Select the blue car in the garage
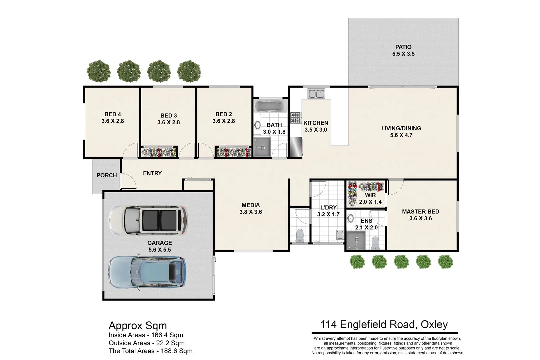coord(147,272)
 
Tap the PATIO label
coord(403,47)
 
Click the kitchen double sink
coord(316,94)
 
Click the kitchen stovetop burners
coord(295,118)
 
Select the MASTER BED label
coord(420,212)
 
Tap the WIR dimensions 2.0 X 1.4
coord(370,202)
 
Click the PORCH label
coord(107,175)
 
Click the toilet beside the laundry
coord(300,235)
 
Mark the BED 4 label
coord(113,114)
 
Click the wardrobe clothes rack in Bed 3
coord(159,153)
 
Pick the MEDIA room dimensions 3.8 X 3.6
coord(251,212)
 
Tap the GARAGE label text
coord(160,243)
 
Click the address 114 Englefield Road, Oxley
coord(384,324)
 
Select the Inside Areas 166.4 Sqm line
coord(146,335)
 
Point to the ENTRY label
coord(152,173)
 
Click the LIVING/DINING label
coord(401,128)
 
